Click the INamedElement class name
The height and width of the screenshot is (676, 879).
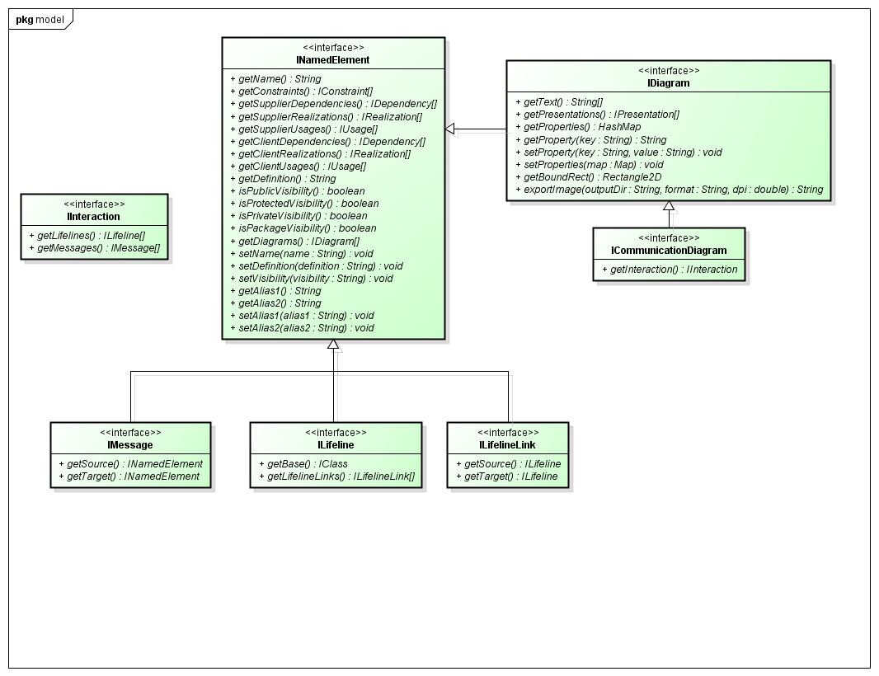click(333, 60)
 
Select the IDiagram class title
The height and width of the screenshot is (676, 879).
click(669, 83)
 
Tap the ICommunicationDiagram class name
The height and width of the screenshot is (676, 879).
click(669, 251)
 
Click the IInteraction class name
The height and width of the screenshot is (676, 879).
click(94, 217)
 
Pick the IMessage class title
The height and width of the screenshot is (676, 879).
click(130, 445)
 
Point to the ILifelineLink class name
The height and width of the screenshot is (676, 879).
click(508, 445)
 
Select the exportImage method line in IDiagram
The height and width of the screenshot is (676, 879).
click(669, 190)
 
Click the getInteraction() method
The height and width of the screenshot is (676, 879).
click(669, 270)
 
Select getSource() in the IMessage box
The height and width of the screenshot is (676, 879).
click(130, 464)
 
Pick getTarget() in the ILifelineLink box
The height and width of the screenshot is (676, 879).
click(507, 476)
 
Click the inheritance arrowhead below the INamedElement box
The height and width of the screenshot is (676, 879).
click(333, 345)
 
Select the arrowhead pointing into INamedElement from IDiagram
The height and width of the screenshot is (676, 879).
click(450, 129)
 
